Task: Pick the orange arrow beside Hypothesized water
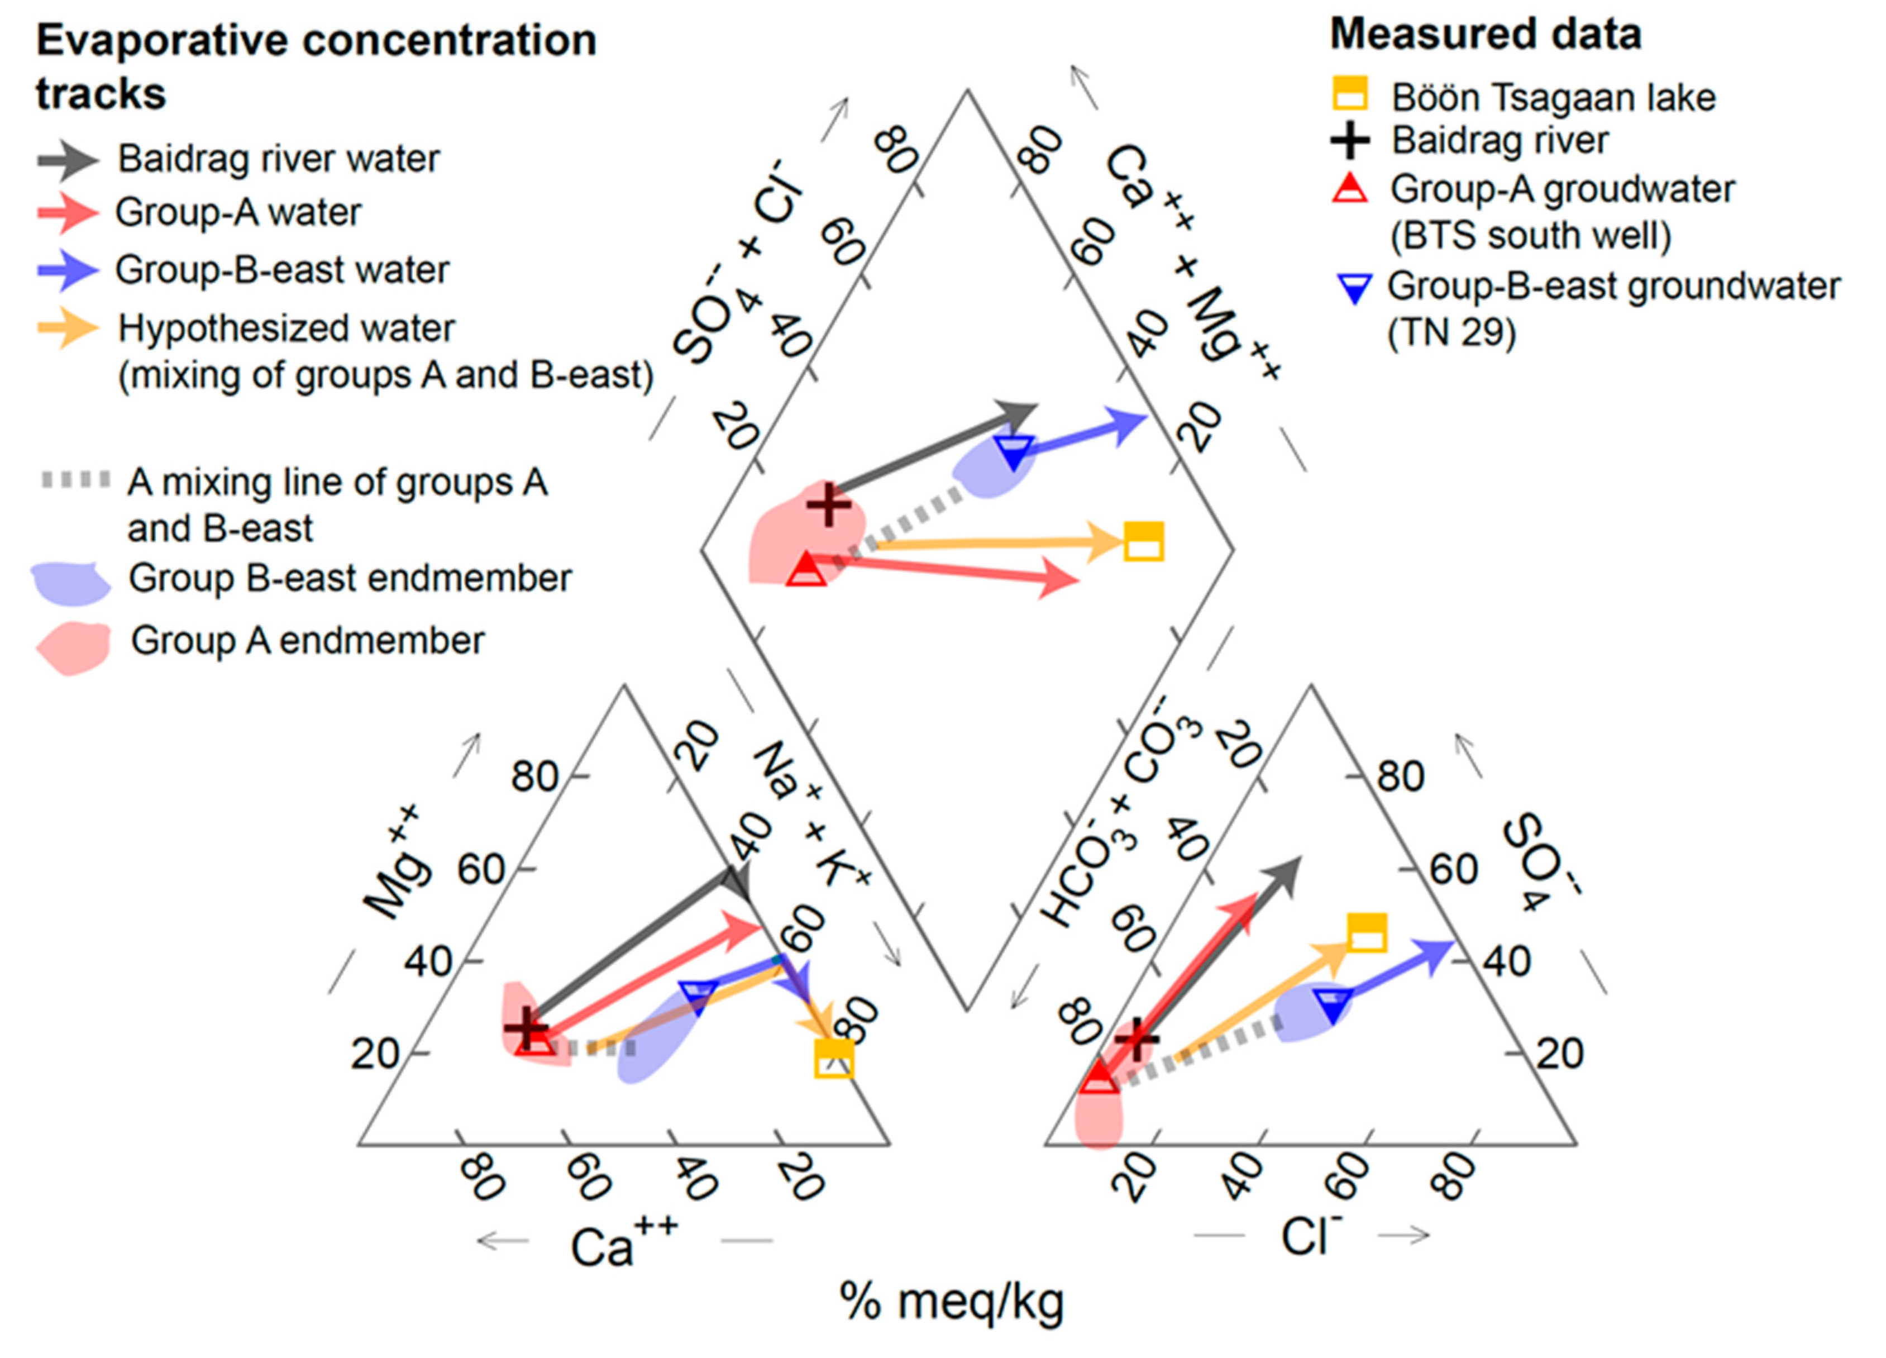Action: pos(68,328)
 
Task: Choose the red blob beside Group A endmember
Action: pos(74,647)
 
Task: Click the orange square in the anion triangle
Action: pos(1366,932)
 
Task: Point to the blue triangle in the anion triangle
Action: pos(1333,1006)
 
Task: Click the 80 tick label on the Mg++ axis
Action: pos(534,776)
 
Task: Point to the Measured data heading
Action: pos(1485,35)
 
